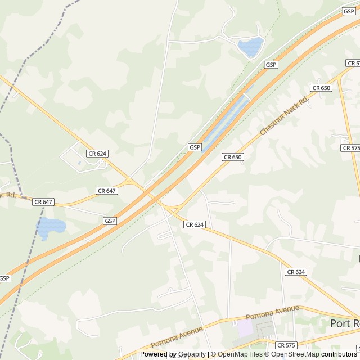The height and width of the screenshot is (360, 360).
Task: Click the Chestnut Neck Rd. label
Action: [285, 116]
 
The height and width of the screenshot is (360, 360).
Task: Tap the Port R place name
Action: [344, 323]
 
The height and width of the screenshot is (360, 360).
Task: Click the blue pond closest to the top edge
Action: [250, 47]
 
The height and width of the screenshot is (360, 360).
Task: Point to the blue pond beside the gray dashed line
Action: [51, 226]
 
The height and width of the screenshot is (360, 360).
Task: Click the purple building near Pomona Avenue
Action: [245, 328]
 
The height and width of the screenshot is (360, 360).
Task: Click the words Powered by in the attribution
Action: [158, 354]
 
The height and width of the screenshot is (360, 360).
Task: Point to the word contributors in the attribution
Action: [340, 354]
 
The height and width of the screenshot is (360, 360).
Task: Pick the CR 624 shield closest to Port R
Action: [295, 272]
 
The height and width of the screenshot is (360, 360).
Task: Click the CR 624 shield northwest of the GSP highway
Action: [97, 153]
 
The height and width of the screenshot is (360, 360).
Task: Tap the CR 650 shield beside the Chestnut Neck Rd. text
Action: [321, 88]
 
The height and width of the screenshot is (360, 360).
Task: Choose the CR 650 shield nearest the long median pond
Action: [232, 157]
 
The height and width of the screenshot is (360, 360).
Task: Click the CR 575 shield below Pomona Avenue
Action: [286, 345]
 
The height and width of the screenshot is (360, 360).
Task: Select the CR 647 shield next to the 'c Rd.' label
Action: [43, 201]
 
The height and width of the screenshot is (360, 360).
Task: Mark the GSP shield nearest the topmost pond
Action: [272, 65]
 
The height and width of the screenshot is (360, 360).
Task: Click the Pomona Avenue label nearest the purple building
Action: [272, 312]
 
